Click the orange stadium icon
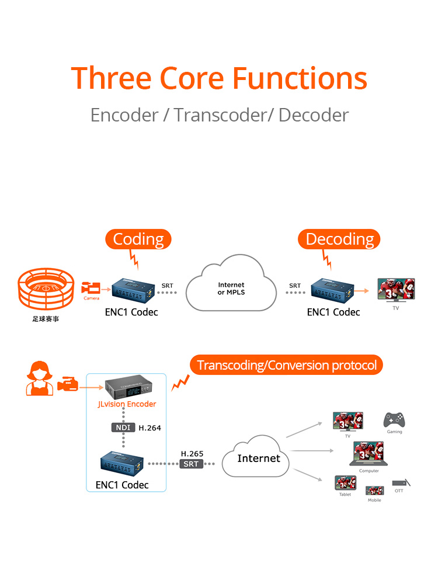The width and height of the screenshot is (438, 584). pyautogui.click(x=46, y=288)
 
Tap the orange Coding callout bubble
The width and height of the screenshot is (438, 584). pyautogui.click(x=138, y=239)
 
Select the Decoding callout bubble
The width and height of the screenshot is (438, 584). pyautogui.click(x=339, y=239)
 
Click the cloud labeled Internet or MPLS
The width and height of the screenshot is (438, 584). pyautogui.click(x=231, y=283)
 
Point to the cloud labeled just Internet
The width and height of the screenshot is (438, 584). pyautogui.click(x=256, y=457)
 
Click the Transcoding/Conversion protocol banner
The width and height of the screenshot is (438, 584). pyautogui.click(x=286, y=365)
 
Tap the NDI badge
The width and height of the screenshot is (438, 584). pyautogui.click(x=123, y=427)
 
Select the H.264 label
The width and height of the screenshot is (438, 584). pyautogui.click(x=150, y=428)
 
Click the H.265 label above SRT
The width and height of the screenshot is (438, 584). pyautogui.click(x=192, y=454)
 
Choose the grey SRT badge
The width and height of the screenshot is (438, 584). pyautogui.click(x=191, y=464)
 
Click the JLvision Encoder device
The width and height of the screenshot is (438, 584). pyautogui.click(x=128, y=387)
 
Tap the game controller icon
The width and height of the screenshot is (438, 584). pyautogui.click(x=394, y=420)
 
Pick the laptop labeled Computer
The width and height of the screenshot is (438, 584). pyautogui.click(x=369, y=454)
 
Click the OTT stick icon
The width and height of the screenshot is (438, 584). pyautogui.click(x=401, y=483)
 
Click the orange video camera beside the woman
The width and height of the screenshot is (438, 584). pyautogui.click(x=68, y=384)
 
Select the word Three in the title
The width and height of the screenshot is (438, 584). pyautogui.click(x=111, y=78)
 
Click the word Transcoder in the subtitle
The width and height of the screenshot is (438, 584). pyautogui.click(x=221, y=115)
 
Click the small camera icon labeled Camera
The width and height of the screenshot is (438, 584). pyautogui.click(x=91, y=288)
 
